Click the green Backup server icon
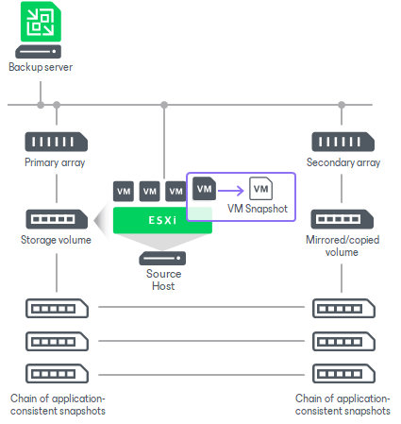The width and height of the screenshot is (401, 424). [x=41, y=23]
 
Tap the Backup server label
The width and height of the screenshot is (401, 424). [x=41, y=68]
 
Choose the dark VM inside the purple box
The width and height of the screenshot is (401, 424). [x=204, y=189]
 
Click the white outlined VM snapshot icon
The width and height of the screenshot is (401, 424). [x=259, y=189]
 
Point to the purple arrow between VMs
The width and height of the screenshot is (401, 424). [x=231, y=189]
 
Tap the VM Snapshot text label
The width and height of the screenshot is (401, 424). [x=258, y=209]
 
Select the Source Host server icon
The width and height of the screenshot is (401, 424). [x=162, y=258]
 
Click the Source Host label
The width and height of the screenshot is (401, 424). [x=162, y=280]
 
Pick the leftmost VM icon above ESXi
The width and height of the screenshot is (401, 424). [x=124, y=192]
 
